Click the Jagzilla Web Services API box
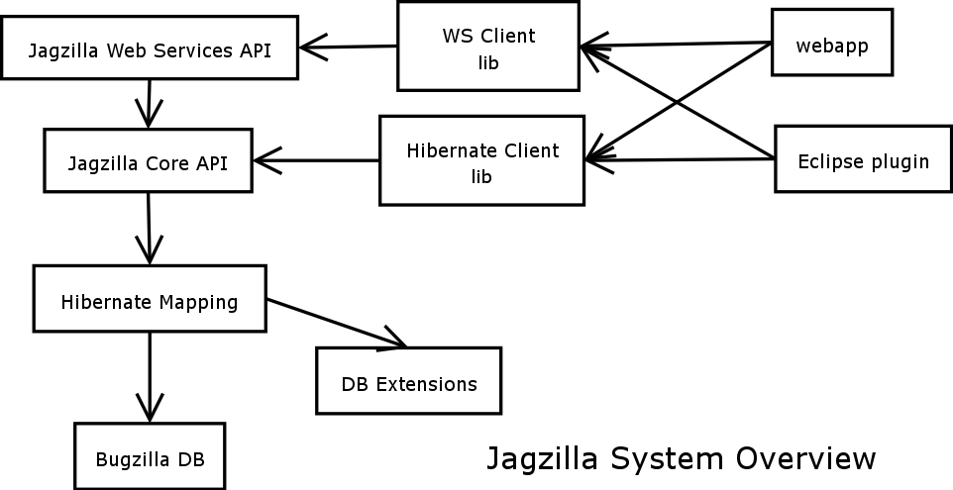[x=150, y=49]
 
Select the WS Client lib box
[x=488, y=47]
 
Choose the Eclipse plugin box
[x=863, y=160]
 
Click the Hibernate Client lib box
[x=482, y=161]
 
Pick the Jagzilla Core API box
[x=148, y=161]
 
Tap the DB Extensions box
[x=408, y=382]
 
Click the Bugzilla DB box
[x=150, y=458]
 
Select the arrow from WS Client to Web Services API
[x=349, y=47]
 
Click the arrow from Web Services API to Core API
[x=149, y=103]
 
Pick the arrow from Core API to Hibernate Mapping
[x=149, y=228]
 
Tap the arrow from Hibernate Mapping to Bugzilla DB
[x=150, y=377]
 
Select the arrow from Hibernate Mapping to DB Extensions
[x=337, y=323]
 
